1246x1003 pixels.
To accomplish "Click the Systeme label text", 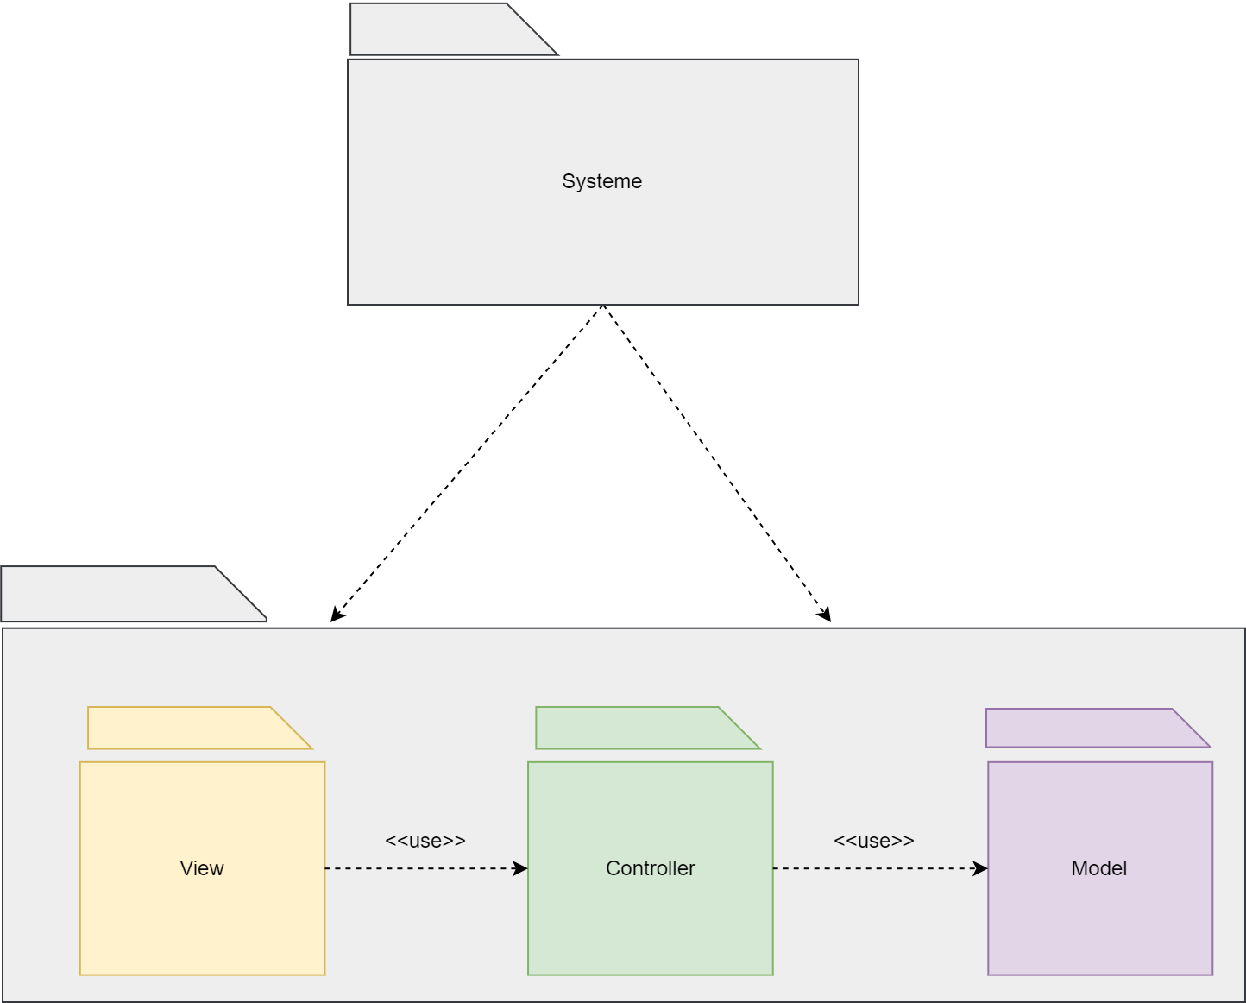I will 601,181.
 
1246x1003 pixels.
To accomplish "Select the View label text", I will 202,868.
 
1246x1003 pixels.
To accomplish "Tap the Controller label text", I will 650,868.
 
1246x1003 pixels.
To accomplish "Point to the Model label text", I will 1098,868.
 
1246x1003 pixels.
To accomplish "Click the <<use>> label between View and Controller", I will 425,841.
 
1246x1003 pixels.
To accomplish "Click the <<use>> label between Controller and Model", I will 873,841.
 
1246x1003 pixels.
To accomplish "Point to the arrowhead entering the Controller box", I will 520,868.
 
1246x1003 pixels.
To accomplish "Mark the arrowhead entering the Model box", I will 980,868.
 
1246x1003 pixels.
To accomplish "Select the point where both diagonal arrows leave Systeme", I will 602,306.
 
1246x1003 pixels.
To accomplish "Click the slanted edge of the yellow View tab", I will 292,728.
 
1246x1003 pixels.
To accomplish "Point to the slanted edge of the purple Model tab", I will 1192,728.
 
